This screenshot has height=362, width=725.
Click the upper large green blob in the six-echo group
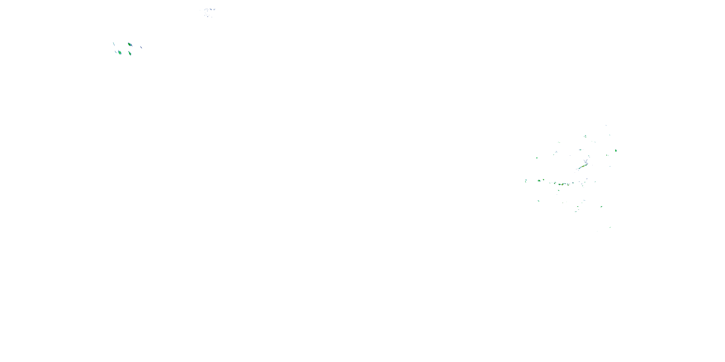130,44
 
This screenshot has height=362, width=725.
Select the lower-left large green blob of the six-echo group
120,53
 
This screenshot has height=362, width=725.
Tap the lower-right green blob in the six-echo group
130,53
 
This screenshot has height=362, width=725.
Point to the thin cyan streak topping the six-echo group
114,44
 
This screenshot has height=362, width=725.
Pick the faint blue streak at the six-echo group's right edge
141,47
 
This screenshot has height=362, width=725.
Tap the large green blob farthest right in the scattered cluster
616,151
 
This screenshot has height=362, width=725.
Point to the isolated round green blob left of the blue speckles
537,158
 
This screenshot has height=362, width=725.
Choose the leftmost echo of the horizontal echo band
526,181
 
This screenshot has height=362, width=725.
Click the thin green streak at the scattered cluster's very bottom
610,227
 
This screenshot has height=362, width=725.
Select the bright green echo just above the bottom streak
602,207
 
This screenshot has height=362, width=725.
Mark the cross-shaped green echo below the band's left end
538,201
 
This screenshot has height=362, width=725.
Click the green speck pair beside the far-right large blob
607,155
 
